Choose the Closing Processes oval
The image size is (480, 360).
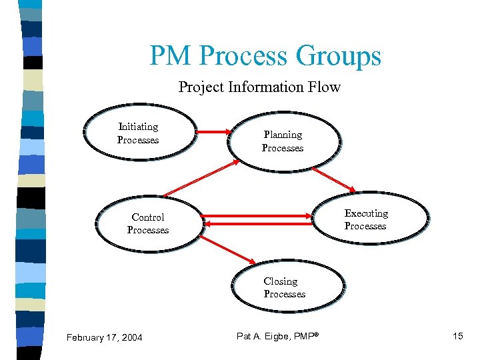[285, 287]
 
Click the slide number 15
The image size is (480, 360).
[457, 335]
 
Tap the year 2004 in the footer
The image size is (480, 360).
[131, 337]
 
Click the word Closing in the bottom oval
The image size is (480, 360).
[281, 281]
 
